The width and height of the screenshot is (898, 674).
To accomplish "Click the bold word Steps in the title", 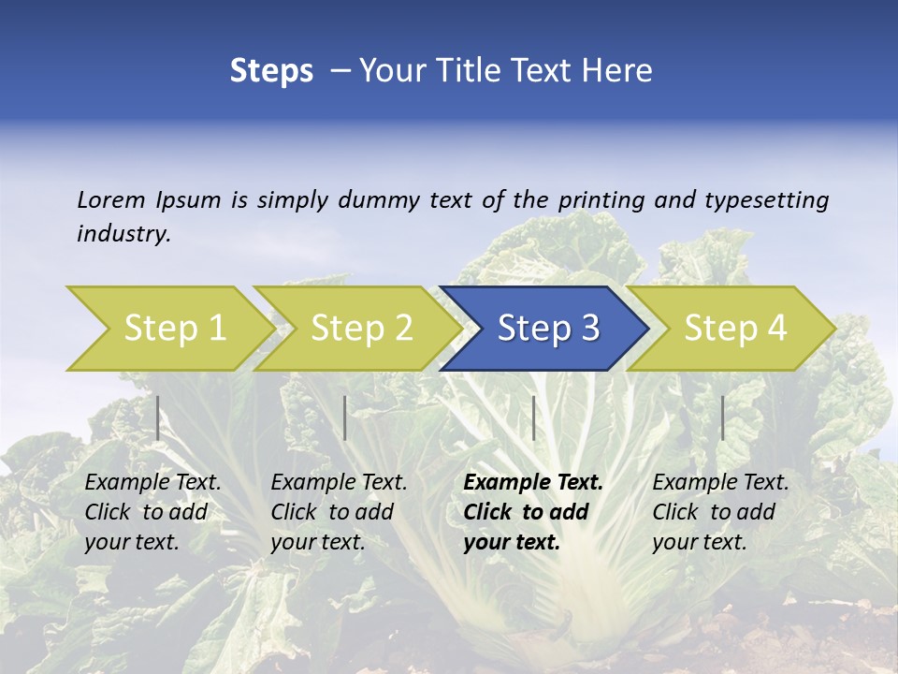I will (271, 71).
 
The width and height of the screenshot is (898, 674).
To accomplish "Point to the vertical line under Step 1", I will (157, 418).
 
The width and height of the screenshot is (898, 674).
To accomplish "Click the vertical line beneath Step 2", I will (345, 418).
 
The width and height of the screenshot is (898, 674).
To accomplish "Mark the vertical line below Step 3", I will (533, 418).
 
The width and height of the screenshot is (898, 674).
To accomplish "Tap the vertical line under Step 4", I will (722, 418).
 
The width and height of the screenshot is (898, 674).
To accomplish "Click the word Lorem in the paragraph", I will (111, 199).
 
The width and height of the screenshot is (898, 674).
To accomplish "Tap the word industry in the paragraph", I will (123, 234).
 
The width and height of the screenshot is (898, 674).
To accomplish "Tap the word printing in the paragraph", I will (604, 200).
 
